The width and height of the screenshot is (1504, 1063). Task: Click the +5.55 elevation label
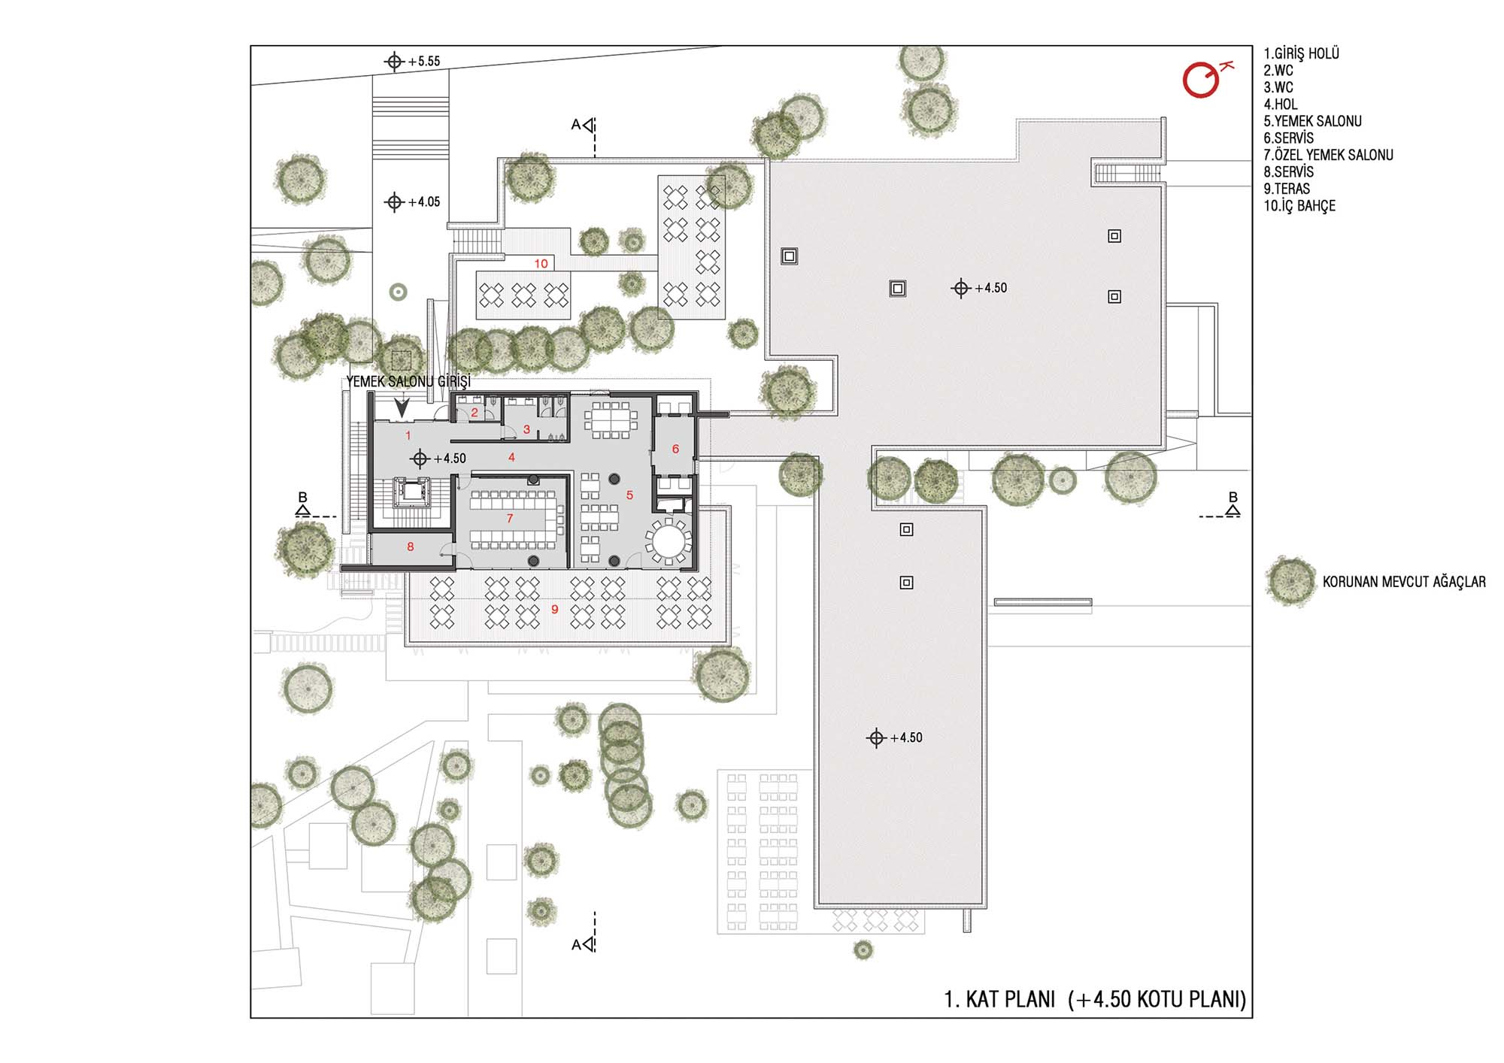(x=424, y=62)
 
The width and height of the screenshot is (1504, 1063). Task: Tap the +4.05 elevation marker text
(x=424, y=202)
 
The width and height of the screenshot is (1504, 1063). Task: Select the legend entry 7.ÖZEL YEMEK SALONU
(x=1328, y=155)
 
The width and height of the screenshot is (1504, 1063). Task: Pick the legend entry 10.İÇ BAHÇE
(x=1299, y=206)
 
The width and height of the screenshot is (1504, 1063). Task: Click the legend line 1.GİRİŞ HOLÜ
(x=1301, y=53)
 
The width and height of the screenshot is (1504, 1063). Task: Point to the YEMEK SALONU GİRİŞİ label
(x=408, y=382)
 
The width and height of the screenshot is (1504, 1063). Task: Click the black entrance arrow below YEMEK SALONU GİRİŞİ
(x=402, y=408)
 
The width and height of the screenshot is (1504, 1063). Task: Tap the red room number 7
(x=510, y=519)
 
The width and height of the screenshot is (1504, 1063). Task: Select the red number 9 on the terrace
(x=555, y=609)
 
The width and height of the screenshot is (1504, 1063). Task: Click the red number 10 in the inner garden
(x=541, y=264)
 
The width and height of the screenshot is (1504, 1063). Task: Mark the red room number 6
(x=675, y=449)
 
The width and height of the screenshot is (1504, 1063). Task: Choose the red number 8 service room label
(x=410, y=547)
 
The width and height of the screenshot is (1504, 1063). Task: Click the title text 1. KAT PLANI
(x=999, y=999)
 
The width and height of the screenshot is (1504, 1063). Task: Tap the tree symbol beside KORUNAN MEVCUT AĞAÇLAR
(x=1291, y=581)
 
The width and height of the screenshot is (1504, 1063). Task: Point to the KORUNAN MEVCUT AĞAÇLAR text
(x=1404, y=582)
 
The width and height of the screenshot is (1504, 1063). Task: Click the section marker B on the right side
(x=1232, y=504)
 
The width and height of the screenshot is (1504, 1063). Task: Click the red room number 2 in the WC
(x=475, y=413)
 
